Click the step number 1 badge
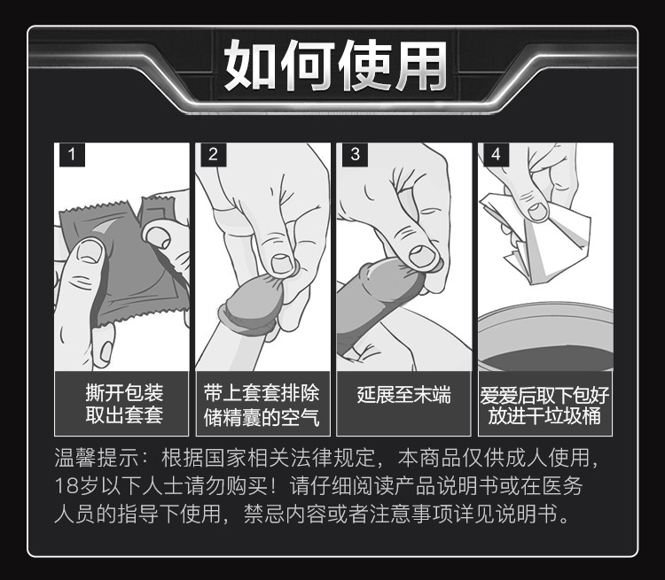[72, 155]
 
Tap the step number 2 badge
[213, 155]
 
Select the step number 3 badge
[355, 155]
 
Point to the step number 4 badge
[496, 155]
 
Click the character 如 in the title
[250, 65]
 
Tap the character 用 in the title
[416, 65]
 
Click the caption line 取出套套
[123, 416]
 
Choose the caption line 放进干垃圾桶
[545, 416]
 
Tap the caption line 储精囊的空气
[262, 416]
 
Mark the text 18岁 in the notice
[72, 487]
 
